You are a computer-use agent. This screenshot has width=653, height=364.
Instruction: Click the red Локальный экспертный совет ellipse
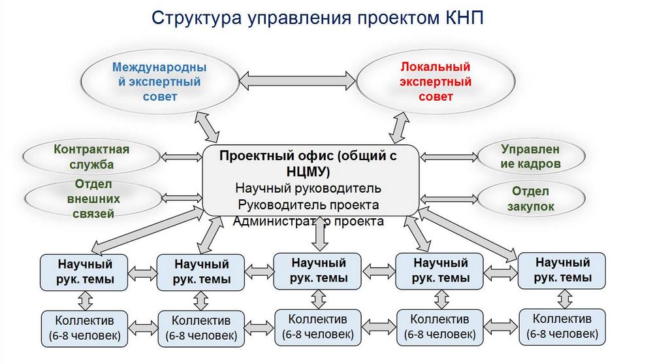tap(436, 82)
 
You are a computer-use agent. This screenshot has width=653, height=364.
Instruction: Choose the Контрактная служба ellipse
tap(91, 157)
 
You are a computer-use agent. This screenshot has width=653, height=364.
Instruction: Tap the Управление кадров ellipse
tap(530, 157)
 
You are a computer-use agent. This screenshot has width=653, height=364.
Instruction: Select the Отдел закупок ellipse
tap(530, 199)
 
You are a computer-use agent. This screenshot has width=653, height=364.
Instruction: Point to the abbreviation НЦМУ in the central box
tap(308, 172)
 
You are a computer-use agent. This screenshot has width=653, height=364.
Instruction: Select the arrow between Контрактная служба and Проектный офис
tap(180, 157)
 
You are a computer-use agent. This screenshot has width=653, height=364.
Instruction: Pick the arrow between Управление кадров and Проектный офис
tap(449, 157)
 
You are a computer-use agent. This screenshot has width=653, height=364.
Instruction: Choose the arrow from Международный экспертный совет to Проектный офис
tap(210, 127)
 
